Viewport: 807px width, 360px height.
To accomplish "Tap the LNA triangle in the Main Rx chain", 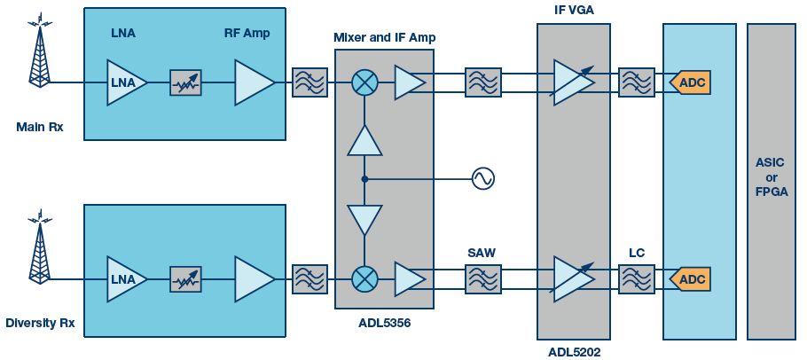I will (125, 82).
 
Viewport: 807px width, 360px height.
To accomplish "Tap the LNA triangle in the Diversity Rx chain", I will (125, 279).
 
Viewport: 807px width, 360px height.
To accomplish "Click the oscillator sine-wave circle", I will (482, 178).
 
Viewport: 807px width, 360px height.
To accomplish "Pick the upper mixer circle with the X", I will (364, 82).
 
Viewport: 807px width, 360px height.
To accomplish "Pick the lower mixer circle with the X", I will (364, 279).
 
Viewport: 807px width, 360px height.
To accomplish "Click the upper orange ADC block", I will (690, 82).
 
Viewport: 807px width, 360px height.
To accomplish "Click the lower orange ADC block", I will (690, 279).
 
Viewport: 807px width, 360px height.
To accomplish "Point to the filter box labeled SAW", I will (482, 279).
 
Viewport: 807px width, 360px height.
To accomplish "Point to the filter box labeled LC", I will (636, 279).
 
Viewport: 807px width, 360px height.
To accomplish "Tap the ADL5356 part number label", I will (384, 323).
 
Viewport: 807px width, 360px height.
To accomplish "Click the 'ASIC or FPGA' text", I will (771, 177).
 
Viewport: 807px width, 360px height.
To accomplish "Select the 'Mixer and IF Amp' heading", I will (384, 37).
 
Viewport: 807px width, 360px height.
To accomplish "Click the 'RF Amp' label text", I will (247, 34).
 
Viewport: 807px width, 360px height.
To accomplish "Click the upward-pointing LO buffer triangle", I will (364, 141).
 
